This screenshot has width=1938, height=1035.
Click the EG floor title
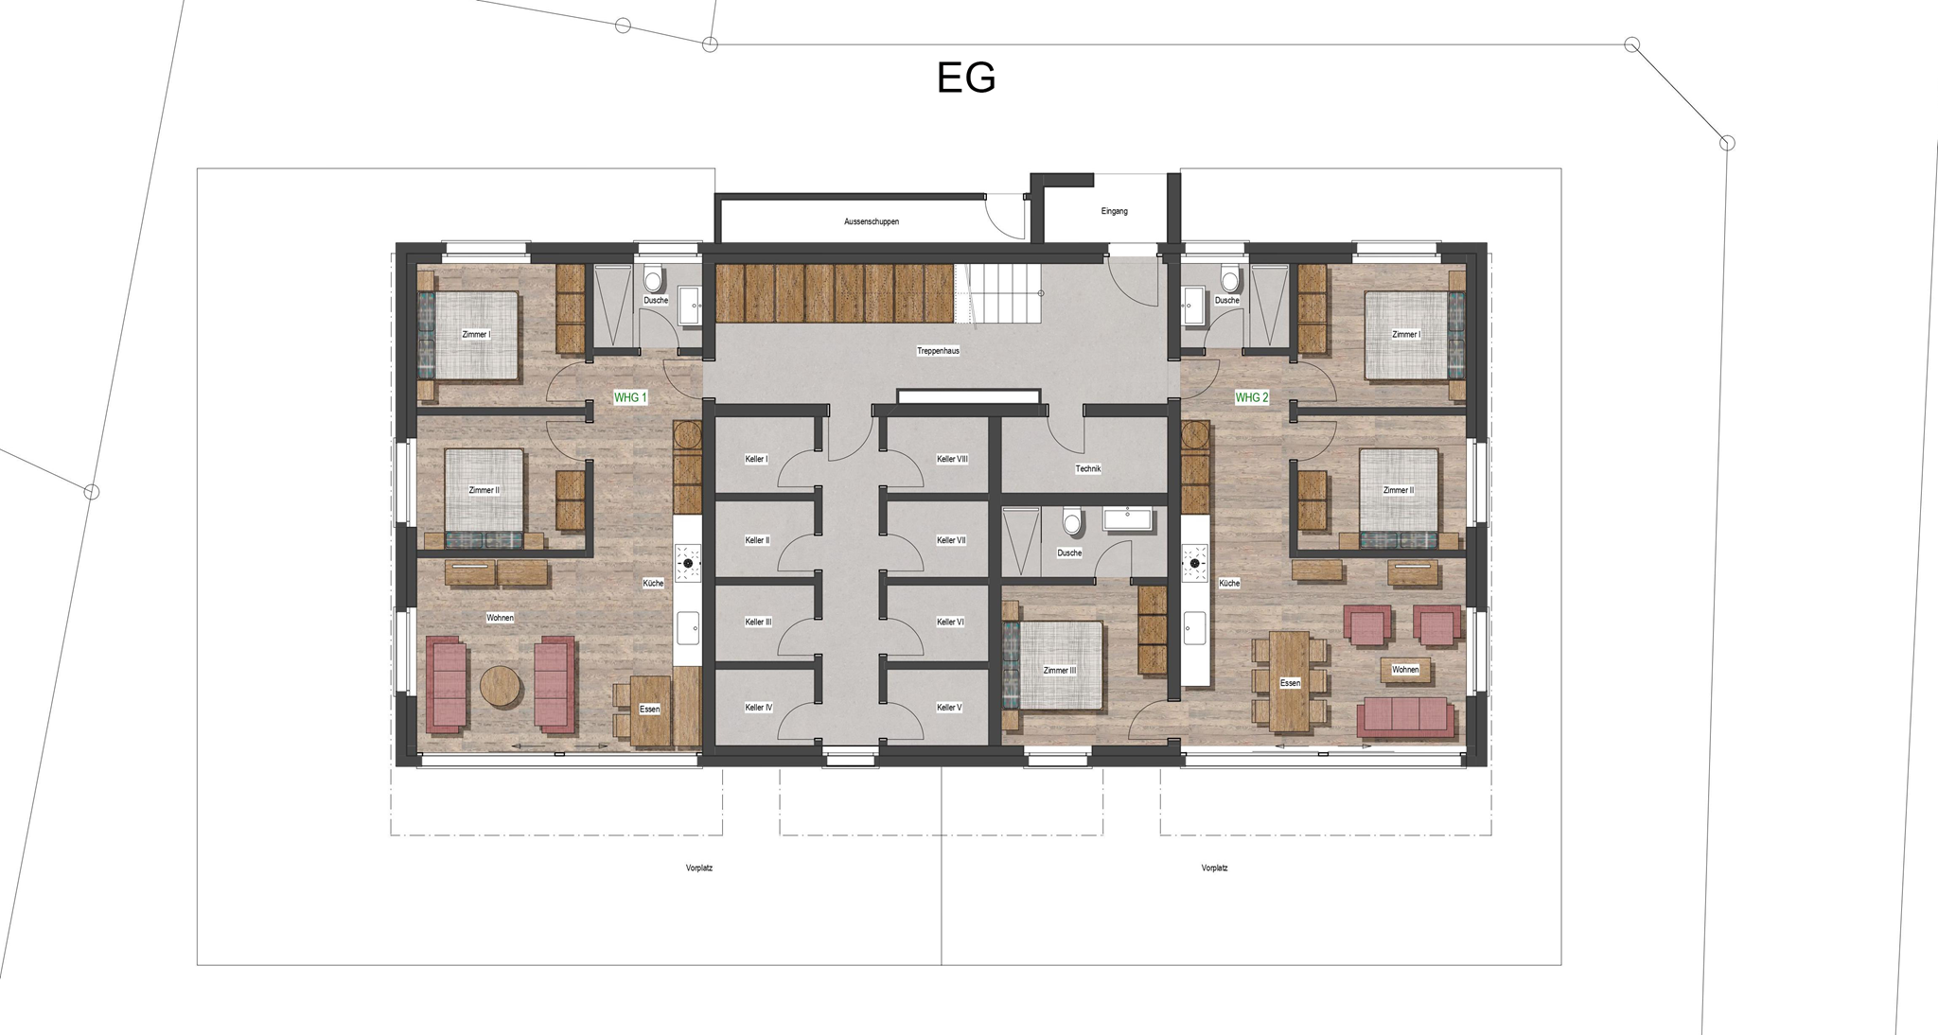(966, 78)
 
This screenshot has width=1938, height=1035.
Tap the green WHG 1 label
(630, 397)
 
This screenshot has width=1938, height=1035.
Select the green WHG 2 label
(1251, 397)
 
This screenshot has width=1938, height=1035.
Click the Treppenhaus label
(938, 351)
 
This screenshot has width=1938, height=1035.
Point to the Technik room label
(1088, 469)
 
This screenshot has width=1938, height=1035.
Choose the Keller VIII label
(952, 459)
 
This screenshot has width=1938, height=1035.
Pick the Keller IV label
(759, 708)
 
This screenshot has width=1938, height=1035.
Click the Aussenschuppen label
(872, 221)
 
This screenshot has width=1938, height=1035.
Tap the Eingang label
(1114, 211)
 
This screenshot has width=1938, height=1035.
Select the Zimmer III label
(1060, 671)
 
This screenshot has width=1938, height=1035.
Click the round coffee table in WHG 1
(500, 686)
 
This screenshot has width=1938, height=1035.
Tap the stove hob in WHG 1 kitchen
(688, 563)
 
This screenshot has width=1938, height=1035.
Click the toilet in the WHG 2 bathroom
(1229, 279)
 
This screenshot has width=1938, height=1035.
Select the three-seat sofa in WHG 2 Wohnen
(1405, 717)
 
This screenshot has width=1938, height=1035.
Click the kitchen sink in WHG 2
(1195, 627)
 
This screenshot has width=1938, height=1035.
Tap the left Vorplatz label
(699, 868)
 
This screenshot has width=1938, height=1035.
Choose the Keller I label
(756, 459)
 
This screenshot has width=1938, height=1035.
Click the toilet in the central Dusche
(1071, 521)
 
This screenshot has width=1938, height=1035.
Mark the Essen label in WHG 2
(1290, 683)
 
